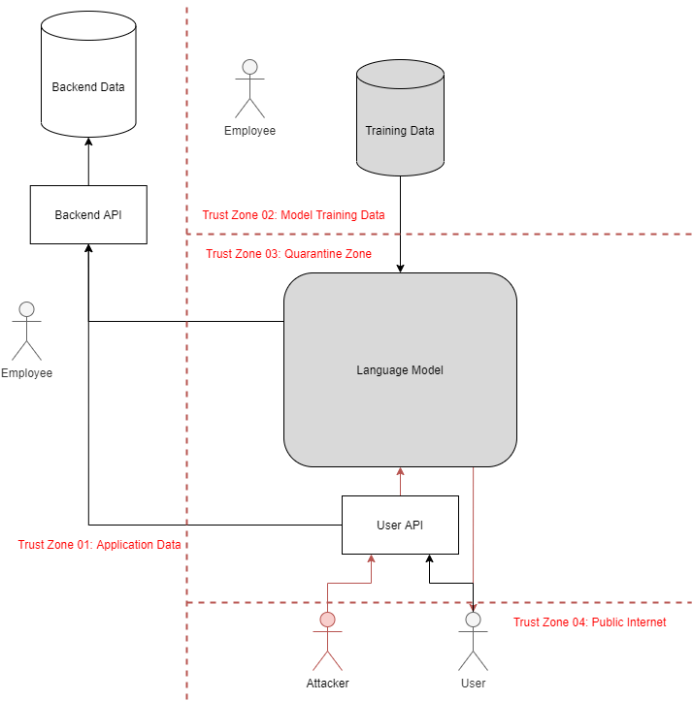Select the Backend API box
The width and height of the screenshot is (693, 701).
pos(88,214)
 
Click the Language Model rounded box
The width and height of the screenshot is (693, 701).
pos(400,369)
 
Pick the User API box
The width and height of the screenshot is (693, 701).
pos(400,525)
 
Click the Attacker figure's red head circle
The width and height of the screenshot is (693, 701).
pos(327,620)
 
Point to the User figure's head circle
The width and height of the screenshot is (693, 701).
pos(473,620)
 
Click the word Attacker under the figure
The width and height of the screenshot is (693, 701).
pos(327,683)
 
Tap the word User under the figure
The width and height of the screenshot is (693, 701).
pos(473,683)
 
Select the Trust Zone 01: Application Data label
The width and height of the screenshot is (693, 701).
pos(100,545)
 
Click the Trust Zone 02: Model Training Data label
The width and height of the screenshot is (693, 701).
pos(294,215)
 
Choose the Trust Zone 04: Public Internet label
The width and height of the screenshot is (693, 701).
pos(589,622)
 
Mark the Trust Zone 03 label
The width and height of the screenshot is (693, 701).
pos(289,254)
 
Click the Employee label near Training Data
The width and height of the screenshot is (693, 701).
pos(249,131)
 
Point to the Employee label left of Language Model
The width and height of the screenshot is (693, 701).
pos(26,373)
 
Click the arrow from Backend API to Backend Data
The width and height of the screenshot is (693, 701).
pos(88,160)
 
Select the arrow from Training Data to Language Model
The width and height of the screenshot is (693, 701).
pos(400,223)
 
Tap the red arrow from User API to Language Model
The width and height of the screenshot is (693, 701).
pos(400,482)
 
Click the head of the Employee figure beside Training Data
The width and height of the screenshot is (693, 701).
pos(249,67)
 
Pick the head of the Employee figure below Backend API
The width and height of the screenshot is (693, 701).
pos(26,309)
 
